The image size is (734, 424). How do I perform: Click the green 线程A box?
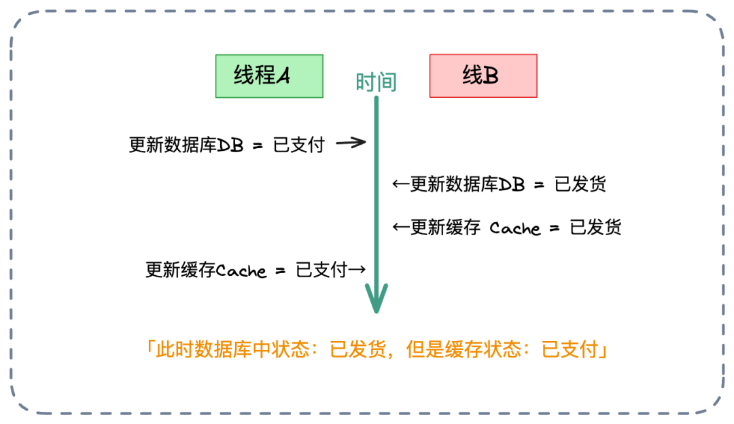269,75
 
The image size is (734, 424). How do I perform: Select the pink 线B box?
483,75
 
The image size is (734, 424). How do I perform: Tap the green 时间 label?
376,82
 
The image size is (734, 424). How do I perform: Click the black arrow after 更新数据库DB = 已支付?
351,143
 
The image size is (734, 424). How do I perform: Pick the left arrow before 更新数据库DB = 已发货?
401,184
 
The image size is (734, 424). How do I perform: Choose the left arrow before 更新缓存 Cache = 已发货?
401,227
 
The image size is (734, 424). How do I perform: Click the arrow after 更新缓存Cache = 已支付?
357,270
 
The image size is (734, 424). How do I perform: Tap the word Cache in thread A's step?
241,270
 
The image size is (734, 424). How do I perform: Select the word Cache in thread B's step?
515,228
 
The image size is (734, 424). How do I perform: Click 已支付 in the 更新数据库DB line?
299,145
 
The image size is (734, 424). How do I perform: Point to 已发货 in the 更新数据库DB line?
580,185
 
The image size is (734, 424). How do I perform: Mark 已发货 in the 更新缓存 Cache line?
595,228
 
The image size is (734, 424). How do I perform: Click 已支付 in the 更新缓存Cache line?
321,270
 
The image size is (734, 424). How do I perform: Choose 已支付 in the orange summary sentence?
569,351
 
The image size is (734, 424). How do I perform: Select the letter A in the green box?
283,76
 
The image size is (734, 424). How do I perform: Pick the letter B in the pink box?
491,76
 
